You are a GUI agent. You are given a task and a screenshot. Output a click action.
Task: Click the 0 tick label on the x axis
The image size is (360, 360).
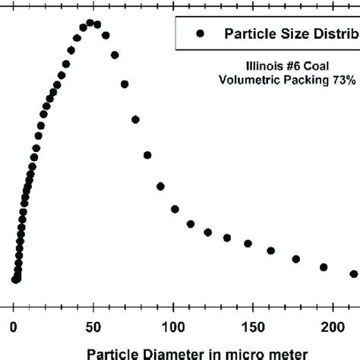coord(13,327)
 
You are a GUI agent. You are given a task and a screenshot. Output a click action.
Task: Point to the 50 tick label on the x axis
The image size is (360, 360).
coord(93,327)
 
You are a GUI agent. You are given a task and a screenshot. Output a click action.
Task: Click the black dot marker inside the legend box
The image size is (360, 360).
coord(201,33)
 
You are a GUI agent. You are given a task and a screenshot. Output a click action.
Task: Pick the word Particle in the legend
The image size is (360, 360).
coord(248,33)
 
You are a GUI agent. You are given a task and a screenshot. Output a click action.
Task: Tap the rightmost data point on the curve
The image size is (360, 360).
coord(353,273)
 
